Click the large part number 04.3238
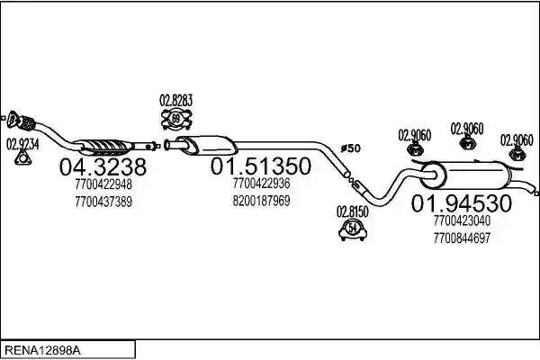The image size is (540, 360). [103, 167]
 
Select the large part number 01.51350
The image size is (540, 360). [261, 166]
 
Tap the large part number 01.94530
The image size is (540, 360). [462, 203]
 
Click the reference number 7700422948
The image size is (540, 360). [103, 184]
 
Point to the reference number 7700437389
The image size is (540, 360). [103, 202]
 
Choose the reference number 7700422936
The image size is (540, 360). [261, 184]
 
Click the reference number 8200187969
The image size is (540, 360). [261, 201]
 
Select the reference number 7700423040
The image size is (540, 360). [462, 220]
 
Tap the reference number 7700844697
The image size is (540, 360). [462, 238]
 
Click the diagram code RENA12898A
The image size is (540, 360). [42, 351]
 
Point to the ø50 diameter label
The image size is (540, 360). [351, 148]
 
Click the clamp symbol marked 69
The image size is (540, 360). [176, 119]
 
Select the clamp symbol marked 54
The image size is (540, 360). [352, 229]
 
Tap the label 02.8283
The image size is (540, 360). [176, 101]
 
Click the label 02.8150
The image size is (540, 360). [352, 211]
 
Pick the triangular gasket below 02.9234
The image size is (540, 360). [22, 158]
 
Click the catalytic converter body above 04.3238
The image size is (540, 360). [103, 147]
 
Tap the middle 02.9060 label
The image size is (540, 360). [467, 129]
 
